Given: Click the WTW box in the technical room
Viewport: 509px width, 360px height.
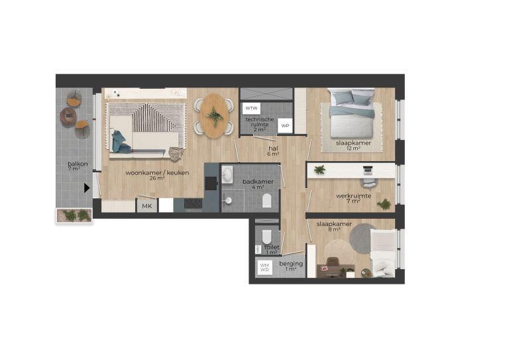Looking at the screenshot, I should click(252, 108).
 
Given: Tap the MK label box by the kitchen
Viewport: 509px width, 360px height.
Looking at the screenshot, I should click(146, 207).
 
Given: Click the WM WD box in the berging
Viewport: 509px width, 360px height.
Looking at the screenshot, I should click(264, 267).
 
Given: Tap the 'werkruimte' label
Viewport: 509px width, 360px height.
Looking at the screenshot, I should click(352, 196).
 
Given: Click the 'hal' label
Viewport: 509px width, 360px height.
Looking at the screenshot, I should click(273, 149).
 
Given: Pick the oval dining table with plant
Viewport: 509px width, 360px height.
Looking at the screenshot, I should click(214, 115).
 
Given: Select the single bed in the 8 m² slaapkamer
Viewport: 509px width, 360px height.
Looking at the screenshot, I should click(382, 253).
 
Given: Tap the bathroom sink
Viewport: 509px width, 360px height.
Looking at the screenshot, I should click(228, 174).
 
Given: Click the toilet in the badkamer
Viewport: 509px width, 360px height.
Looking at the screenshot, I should click(268, 201).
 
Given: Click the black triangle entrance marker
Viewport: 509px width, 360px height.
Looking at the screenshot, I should click(87, 188).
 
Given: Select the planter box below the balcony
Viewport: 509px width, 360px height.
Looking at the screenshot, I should click(74, 215).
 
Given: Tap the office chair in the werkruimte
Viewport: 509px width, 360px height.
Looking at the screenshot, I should click(368, 182).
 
